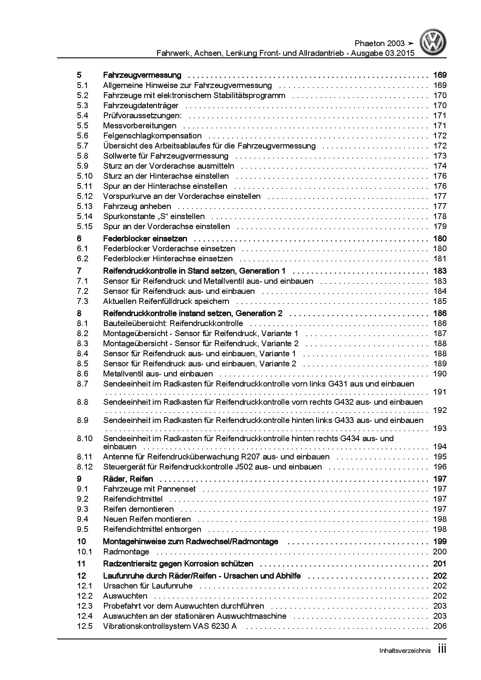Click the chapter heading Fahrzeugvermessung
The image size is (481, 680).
tap(142, 75)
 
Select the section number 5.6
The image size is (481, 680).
tap(83, 136)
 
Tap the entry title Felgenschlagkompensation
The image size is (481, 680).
tap(152, 136)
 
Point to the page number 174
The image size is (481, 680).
tap(439, 166)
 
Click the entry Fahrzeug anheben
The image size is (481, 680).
tap(137, 206)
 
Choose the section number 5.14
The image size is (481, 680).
tap(85, 216)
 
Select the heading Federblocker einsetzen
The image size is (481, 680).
tap(145, 238)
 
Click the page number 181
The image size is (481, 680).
tap(439, 259)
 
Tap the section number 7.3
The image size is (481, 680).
tap(83, 301)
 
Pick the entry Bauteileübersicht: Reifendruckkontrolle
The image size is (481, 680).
tap(173, 323)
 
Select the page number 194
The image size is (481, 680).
tap(439, 447)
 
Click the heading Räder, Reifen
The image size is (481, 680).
tap(128, 479)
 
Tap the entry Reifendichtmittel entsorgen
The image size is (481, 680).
tap(152, 529)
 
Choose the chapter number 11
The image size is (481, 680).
tap(81, 564)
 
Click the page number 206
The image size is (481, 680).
tap(439, 626)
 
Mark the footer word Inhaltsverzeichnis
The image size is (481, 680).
tap(405, 651)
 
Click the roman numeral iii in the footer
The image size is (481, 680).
tap(442, 649)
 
